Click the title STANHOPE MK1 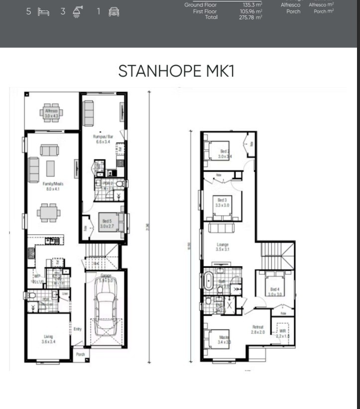click(176, 71)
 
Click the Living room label click(48, 339)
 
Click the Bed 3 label click(222, 202)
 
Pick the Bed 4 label click(275, 292)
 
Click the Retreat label click(257, 329)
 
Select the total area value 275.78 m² click(250, 17)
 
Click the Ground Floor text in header click(201, 5)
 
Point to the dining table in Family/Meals click(50, 212)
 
